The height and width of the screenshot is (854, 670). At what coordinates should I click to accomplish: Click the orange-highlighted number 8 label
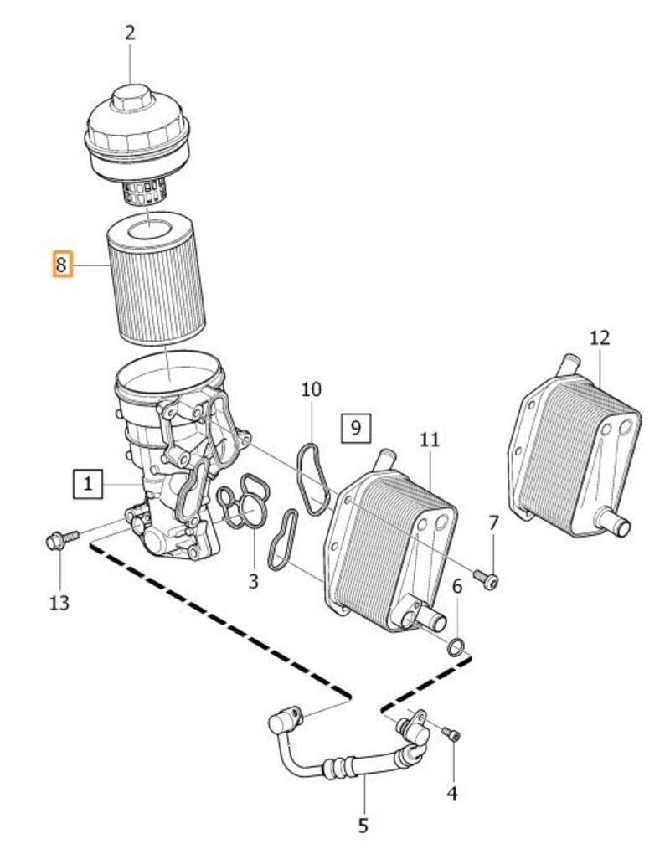[x=62, y=265]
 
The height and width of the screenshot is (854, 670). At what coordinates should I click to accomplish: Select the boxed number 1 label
[x=87, y=483]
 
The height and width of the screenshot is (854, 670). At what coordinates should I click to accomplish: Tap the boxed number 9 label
[x=356, y=428]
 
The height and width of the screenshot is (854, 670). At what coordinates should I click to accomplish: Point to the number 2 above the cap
[x=130, y=33]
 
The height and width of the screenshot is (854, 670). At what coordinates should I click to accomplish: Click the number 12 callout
[x=600, y=337]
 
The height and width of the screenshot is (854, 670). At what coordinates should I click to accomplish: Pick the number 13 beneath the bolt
[x=59, y=601]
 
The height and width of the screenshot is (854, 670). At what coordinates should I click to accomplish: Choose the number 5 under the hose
[x=363, y=825]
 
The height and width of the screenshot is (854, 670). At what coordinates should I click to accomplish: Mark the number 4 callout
[x=452, y=791]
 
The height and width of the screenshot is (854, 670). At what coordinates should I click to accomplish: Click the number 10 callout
[x=311, y=389]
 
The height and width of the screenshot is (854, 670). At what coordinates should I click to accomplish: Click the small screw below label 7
[x=488, y=579]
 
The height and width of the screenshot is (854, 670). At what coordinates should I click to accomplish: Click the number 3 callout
[x=254, y=579]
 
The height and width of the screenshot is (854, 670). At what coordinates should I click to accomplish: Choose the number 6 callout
[x=457, y=587]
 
